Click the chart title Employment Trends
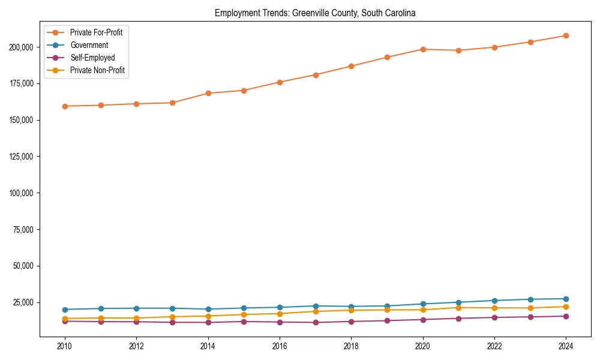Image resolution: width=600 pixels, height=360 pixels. tap(315, 13)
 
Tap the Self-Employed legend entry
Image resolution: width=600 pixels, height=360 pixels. tap(92, 58)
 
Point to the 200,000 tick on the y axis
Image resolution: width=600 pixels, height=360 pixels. tap(23, 47)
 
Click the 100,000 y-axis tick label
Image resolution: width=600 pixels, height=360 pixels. tap(23, 193)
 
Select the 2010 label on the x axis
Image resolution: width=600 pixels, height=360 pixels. tap(65, 346)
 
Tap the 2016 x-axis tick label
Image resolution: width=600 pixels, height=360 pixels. tap(280, 346)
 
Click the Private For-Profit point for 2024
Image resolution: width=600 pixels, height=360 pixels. tap(566, 35)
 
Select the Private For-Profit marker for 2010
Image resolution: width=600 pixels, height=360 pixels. tap(65, 106)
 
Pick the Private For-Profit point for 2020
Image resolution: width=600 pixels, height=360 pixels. tap(423, 49)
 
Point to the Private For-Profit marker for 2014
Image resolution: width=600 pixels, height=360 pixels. tap(208, 93)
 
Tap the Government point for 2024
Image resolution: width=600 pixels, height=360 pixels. tap(566, 299)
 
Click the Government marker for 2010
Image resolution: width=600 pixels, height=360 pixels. tap(65, 310)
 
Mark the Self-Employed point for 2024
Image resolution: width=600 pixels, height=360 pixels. tap(566, 316)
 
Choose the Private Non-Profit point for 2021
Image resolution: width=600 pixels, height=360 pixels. tap(458, 308)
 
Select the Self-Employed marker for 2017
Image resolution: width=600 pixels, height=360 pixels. tap(316, 322)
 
